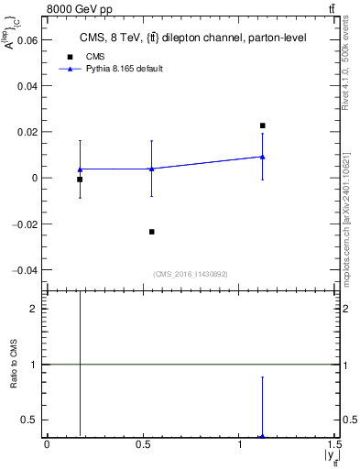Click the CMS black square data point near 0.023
point(262,125)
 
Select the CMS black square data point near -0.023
point(151,232)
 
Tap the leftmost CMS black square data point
point(80,180)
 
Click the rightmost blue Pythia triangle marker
point(262,156)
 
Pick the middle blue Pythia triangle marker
point(151,168)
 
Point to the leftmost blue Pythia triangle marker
point(80,169)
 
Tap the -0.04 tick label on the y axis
point(25,270)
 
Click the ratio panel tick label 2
point(34,309)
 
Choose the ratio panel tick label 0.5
point(30,420)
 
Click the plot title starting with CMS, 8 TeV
point(192,38)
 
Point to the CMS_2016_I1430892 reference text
point(191,274)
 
